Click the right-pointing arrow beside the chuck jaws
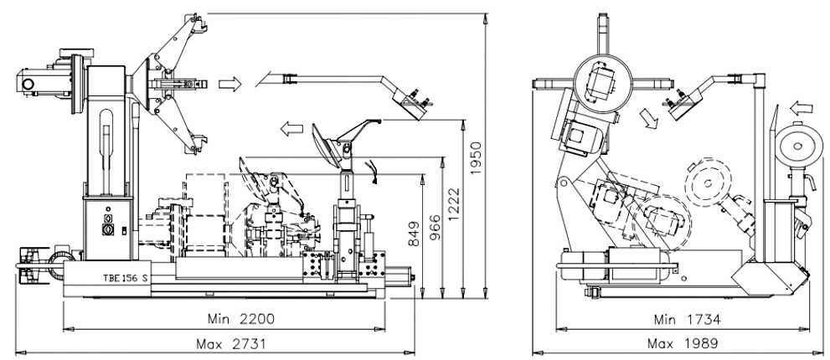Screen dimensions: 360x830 coord(229,83)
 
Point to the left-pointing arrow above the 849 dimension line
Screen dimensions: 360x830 coord(291,129)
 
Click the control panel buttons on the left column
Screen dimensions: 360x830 coord(107,225)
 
